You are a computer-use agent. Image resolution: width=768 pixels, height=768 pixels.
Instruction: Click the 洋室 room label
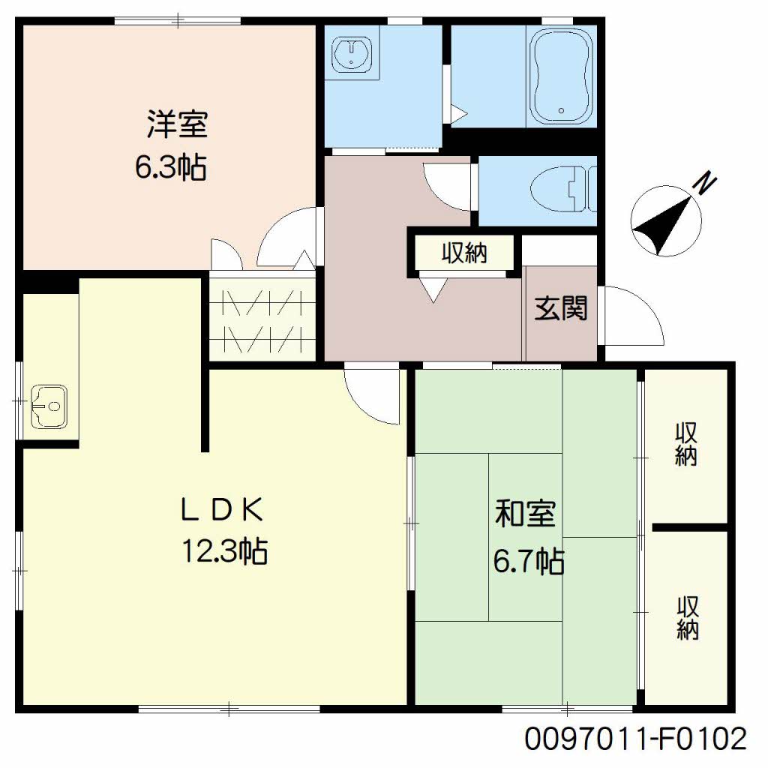(x=177, y=124)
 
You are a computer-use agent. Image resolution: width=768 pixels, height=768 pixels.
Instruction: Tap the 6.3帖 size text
(x=170, y=167)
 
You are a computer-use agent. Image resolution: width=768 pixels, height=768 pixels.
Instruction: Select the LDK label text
(x=222, y=509)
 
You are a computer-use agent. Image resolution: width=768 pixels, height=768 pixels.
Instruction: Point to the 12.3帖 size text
(x=225, y=551)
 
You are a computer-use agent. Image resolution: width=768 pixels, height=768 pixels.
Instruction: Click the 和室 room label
(x=525, y=513)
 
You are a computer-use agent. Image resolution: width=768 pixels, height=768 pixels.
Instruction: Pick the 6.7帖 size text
(x=529, y=561)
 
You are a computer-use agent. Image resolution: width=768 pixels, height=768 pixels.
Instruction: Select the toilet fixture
(x=563, y=189)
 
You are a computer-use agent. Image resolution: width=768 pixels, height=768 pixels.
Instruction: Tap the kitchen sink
(x=49, y=406)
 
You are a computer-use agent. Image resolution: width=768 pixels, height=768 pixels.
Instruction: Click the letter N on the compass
(x=704, y=184)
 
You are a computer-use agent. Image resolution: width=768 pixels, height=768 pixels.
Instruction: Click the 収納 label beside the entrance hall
(x=464, y=253)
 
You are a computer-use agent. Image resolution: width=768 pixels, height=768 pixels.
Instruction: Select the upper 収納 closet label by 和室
(x=686, y=444)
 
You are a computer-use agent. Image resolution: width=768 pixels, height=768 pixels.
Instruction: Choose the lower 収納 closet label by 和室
(x=688, y=618)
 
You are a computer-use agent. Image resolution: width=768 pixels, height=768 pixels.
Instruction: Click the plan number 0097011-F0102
(x=636, y=739)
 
